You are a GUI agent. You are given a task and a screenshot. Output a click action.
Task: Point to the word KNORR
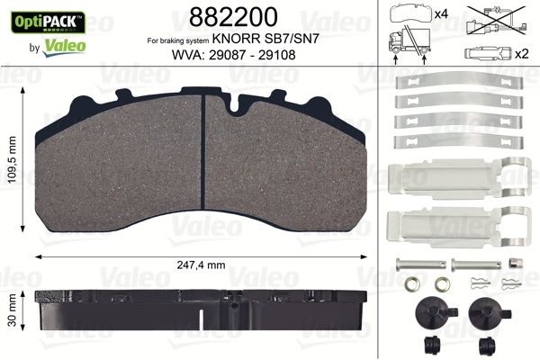coord(257,41)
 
